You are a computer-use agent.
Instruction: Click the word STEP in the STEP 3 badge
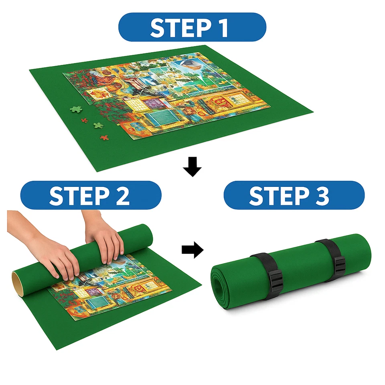[x=273, y=195]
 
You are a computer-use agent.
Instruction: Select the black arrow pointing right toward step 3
[x=192, y=250]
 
